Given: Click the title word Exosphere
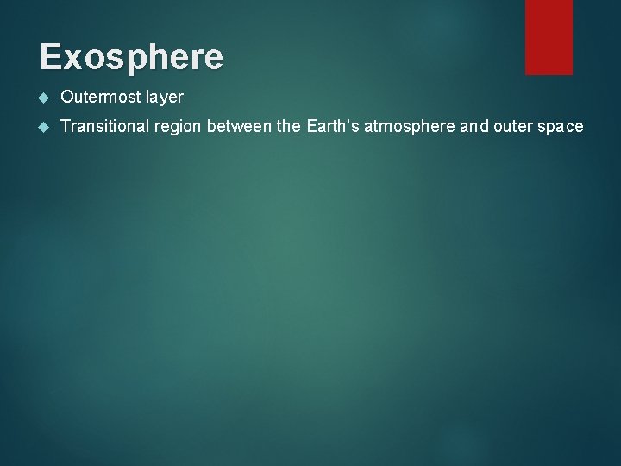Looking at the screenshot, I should click(131, 57).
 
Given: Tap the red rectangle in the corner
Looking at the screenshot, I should click(549, 36).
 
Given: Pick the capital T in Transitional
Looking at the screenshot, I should click(66, 128).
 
